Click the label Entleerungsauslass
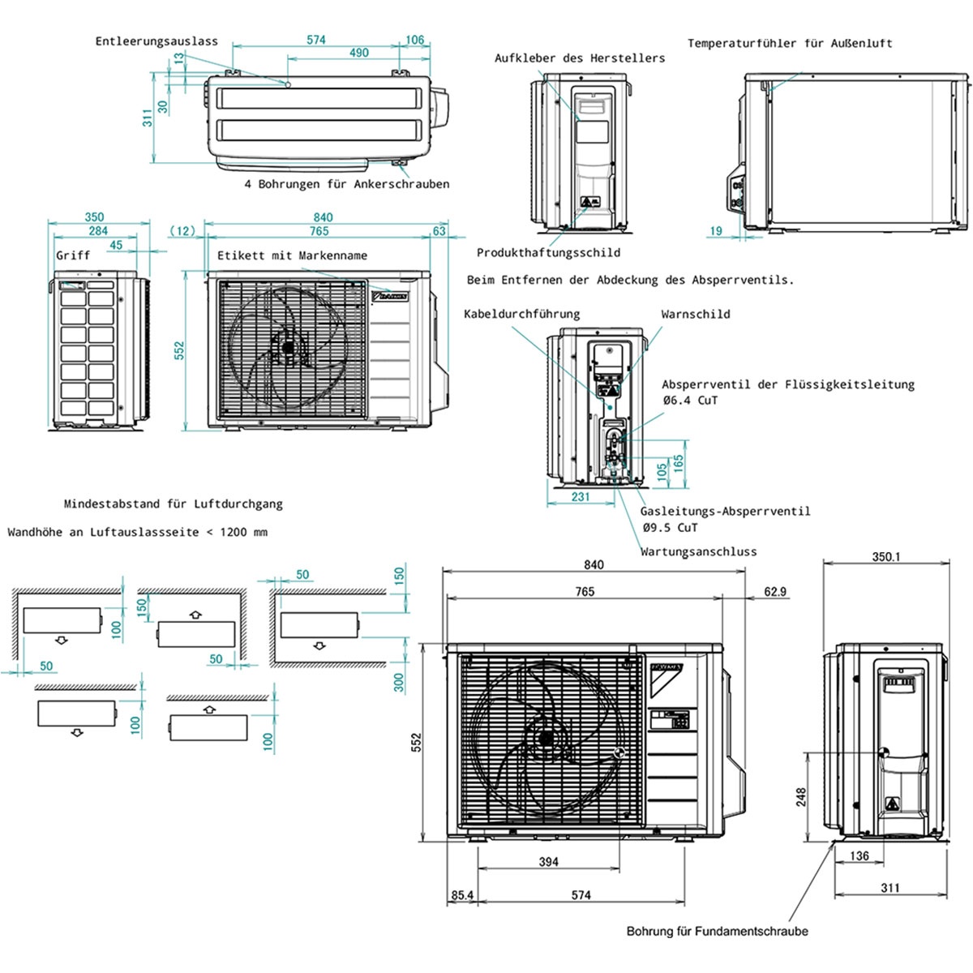click(x=156, y=41)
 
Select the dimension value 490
click(x=358, y=53)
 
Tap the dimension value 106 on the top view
click(x=414, y=40)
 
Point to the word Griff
click(x=73, y=255)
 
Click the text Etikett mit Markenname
click(x=292, y=255)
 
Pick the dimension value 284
click(x=98, y=231)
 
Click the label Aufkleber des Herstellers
click(x=580, y=58)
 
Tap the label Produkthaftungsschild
click(x=548, y=253)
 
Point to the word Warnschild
click(x=696, y=315)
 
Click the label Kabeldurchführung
click(x=521, y=314)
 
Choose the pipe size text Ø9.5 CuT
click(x=670, y=527)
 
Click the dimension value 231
click(x=581, y=497)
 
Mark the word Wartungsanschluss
click(x=698, y=551)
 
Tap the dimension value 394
click(x=549, y=861)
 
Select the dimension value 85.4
click(x=462, y=895)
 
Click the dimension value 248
click(x=801, y=798)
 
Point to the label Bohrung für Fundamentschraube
click(x=717, y=932)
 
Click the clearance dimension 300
click(x=399, y=683)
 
